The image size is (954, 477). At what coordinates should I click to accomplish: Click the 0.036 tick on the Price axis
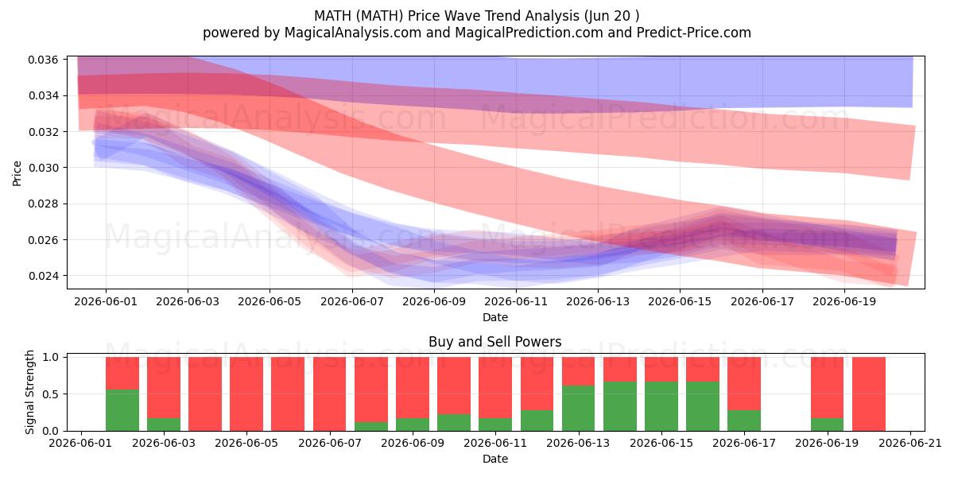(x=43, y=60)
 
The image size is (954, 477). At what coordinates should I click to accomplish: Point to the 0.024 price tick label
(x=43, y=277)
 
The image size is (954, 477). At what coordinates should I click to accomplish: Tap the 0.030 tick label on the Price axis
(x=43, y=168)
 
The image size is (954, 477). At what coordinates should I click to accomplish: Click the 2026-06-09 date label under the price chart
(x=434, y=302)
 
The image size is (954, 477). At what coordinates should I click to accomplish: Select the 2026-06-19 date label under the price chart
(x=844, y=302)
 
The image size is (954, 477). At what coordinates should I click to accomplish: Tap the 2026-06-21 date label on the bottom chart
(x=910, y=444)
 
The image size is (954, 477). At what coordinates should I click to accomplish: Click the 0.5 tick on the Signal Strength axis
(x=51, y=394)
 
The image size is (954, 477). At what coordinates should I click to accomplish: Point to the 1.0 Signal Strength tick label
(x=51, y=357)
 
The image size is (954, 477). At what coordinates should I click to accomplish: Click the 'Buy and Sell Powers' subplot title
(x=494, y=342)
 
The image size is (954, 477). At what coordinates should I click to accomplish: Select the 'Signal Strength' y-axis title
(x=29, y=392)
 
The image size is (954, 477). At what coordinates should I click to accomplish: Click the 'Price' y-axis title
(x=17, y=173)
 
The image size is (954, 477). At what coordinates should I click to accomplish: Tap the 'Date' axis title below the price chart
(x=494, y=317)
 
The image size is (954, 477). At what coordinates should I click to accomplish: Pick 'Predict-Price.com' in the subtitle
(x=694, y=33)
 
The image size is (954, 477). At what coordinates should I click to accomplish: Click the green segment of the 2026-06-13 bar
(x=579, y=409)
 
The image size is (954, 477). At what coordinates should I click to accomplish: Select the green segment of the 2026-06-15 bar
(x=661, y=406)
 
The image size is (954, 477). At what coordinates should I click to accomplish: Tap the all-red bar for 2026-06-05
(x=246, y=394)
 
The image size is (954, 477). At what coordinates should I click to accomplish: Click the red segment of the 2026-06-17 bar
(x=743, y=384)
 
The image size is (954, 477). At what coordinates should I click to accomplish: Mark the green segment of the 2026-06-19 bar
(x=827, y=425)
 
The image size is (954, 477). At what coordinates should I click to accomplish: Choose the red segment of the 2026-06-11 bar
(x=495, y=388)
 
